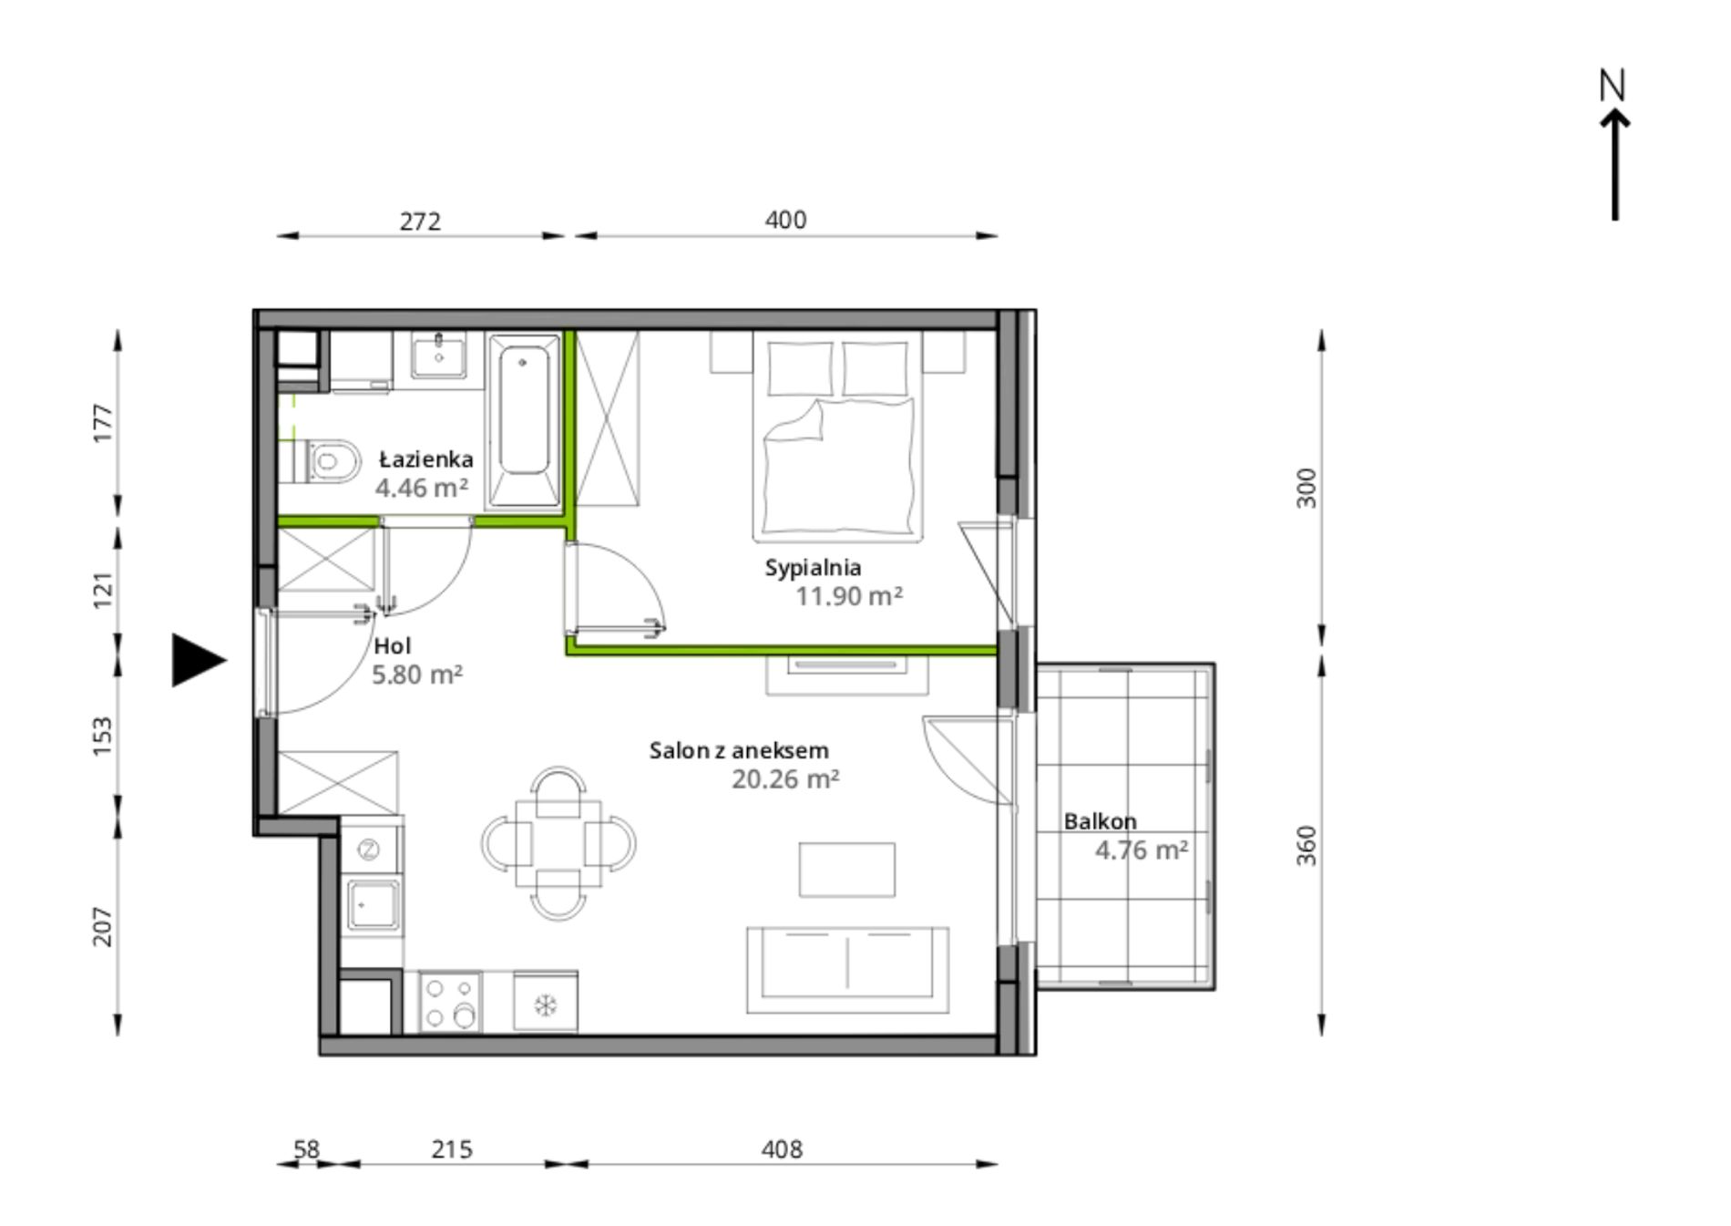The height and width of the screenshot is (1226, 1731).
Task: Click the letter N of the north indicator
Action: (x=1612, y=85)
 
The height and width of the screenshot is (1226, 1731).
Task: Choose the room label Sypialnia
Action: (x=813, y=568)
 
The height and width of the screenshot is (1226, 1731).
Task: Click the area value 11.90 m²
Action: (x=849, y=596)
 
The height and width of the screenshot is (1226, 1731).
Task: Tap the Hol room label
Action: (x=393, y=646)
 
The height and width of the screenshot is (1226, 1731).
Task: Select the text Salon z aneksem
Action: (x=739, y=750)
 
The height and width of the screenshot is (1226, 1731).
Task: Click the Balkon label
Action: (x=1100, y=821)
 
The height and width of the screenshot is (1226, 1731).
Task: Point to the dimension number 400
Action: (x=785, y=220)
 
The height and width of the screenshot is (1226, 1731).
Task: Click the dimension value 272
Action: (x=420, y=222)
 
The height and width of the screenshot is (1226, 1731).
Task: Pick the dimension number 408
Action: (x=782, y=1149)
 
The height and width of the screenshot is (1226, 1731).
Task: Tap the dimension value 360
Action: (x=1306, y=845)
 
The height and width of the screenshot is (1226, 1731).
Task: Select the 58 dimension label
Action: (x=306, y=1149)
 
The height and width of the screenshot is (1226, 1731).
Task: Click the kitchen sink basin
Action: (x=373, y=904)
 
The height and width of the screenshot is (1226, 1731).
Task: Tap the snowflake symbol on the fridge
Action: (x=545, y=1005)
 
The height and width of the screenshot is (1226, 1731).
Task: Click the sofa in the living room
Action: (x=847, y=970)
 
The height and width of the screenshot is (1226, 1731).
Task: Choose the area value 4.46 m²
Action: (x=422, y=488)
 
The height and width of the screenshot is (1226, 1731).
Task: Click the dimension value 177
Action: (x=103, y=423)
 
